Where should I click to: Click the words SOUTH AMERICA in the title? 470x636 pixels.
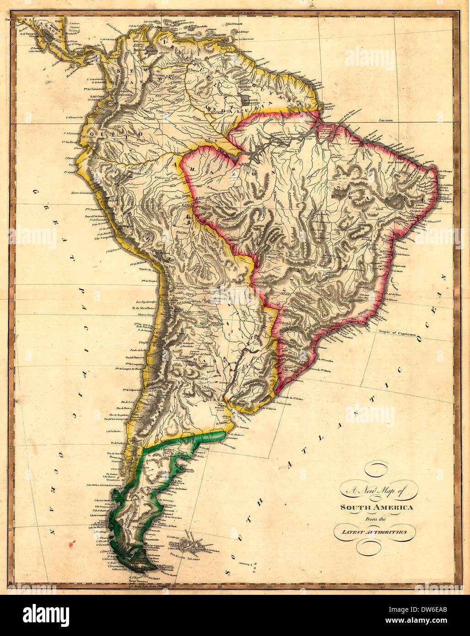(x=376, y=507)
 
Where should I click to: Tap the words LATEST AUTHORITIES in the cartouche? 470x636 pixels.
(x=376, y=532)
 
